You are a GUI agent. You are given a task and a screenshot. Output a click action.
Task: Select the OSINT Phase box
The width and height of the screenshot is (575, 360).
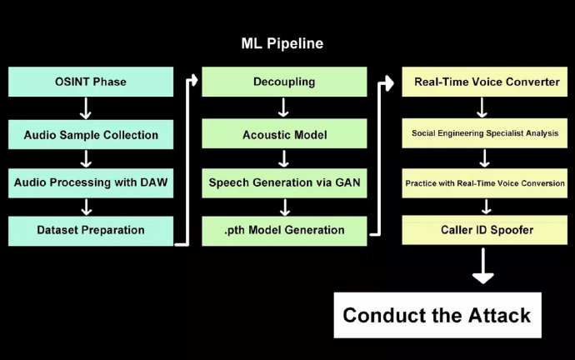(91, 82)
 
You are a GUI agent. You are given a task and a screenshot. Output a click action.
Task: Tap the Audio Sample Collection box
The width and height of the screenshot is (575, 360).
(91, 133)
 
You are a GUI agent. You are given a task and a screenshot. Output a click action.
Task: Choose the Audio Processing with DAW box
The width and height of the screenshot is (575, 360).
(91, 182)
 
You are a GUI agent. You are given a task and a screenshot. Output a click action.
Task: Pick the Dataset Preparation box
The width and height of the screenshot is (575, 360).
(91, 230)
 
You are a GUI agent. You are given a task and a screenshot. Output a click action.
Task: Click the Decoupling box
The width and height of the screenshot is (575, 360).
(283, 82)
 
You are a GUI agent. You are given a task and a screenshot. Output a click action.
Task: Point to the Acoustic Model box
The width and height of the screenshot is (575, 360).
(283, 133)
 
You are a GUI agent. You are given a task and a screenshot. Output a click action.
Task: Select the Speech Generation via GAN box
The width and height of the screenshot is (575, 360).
(283, 182)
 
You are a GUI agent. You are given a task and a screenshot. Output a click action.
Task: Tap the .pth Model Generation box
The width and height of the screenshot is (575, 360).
(283, 230)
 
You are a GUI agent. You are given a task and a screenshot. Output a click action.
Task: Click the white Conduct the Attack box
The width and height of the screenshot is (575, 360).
(437, 315)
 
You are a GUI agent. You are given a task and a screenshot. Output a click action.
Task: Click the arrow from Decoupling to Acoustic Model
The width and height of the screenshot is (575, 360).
(283, 107)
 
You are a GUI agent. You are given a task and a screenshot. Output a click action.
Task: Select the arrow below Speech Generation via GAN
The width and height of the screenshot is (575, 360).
(283, 206)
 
